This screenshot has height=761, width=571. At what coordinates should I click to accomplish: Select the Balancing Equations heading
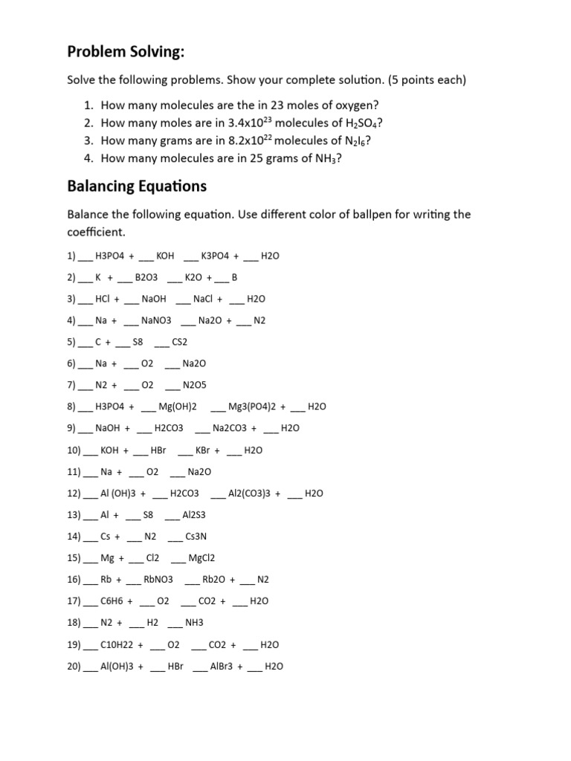[x=137, y=185]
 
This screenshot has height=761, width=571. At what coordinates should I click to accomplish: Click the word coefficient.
[x=98, y=232]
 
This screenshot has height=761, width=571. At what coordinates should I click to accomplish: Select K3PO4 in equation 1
[x=217, y=256]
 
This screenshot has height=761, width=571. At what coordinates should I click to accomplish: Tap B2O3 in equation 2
[x=146, y=277]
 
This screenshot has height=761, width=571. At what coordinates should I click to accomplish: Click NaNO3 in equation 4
[x=156, y=320]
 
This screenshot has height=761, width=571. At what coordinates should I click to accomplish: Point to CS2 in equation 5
[x=180, y=342]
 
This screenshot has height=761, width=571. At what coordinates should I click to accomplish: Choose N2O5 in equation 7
[x=194, y=385]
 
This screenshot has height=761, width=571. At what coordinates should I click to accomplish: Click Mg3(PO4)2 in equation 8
[x=252, y=407]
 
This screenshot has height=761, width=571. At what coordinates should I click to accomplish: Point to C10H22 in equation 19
[x=117, y=644]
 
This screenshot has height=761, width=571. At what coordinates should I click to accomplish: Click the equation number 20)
[x=73, y=667]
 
